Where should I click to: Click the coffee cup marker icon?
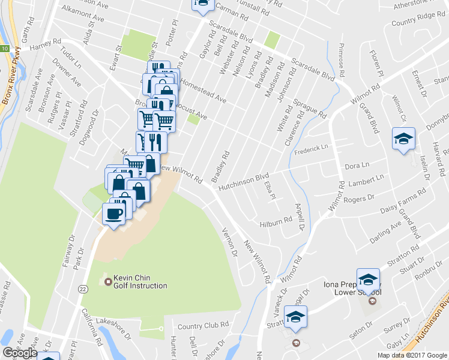(113, 213)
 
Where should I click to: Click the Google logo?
(20, 353)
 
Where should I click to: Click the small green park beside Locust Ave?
(193, 118)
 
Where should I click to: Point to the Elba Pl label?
(269, 191)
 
